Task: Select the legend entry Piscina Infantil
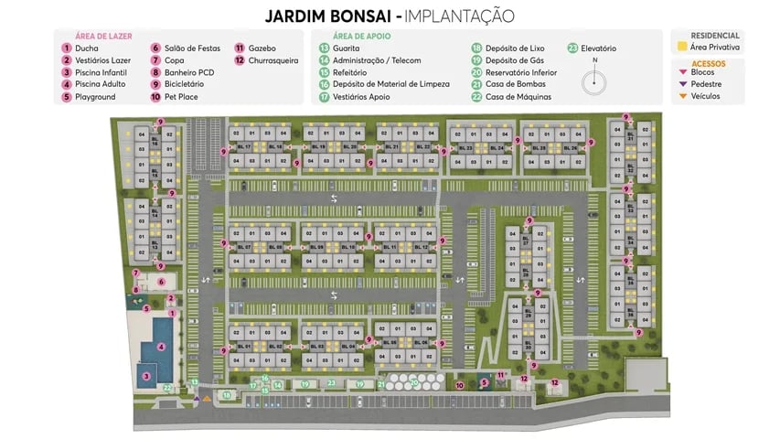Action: (x=96, y=72)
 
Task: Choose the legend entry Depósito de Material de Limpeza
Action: (x=390, y=84)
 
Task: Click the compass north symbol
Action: (x=595, y=80)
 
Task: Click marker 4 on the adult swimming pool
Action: (x=161, y=347)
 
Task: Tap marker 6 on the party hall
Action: (x=161, y=282)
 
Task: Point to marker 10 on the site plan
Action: (x=460, y=385)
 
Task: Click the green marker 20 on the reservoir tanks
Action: (x=414, y=382)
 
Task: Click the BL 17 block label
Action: (x=243, y=146)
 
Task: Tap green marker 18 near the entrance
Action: (x=226, y=395)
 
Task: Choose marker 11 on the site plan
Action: (x=500, y=376)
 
